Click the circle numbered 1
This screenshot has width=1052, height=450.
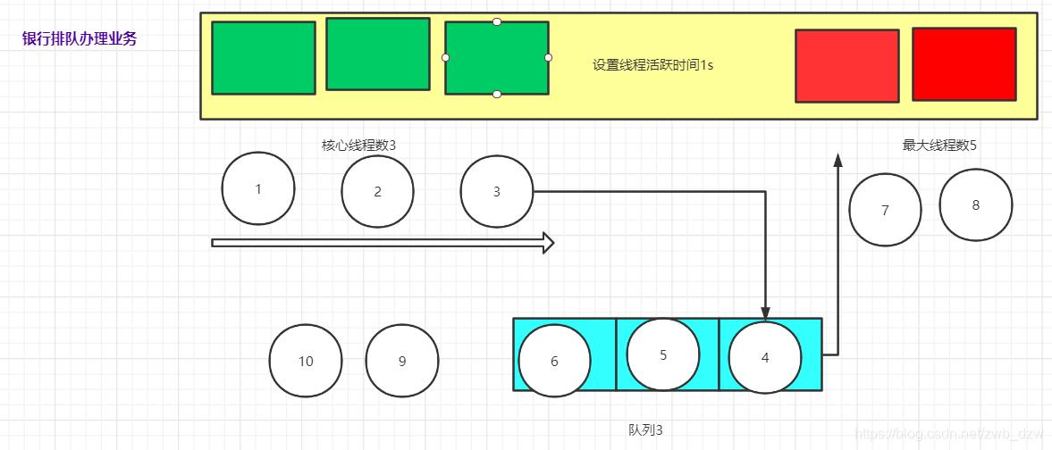(x=258, y=188)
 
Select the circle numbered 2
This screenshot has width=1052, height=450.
(x=377, y=191)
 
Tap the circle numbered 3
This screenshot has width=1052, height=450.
(x=496, y=191)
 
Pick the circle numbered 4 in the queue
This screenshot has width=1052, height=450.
(x=764, y=357)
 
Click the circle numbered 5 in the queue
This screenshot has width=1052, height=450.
(x=662, y=354)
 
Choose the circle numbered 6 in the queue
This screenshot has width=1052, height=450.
(x=554, y=361)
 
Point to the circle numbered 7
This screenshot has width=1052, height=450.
(x=885, y=210)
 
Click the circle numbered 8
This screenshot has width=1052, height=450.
(x=975, y=204)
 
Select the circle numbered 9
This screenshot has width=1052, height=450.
(x=401, y=361)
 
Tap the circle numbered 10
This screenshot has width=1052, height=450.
(x=306, y=361)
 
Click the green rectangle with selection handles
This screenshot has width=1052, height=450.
(x=497, y=57)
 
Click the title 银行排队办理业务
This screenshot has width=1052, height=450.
(x=80, y=39)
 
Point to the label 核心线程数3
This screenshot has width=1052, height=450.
(x=358, y=145)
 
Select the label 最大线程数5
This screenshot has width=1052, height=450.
(x=938, y=145)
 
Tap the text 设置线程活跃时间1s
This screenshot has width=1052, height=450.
(x=652, y=65)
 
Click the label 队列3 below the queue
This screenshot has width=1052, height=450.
(x=645, y=429)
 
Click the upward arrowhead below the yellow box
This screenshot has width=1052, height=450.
(x=837, y=160)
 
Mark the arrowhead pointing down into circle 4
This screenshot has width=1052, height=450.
(x=765, y=309)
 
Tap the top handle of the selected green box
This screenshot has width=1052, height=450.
(x=497, y=21)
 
